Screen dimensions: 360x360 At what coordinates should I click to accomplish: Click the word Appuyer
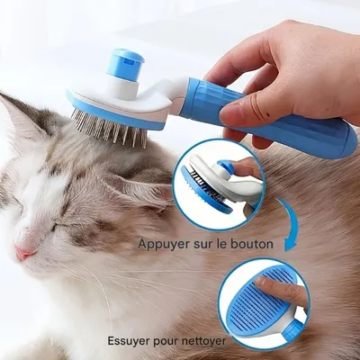coord(165,244)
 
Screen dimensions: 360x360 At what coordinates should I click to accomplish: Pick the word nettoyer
coord(203,341)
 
